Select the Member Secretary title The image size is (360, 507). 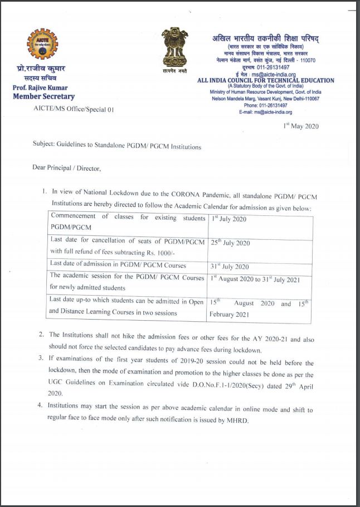click(43, 97)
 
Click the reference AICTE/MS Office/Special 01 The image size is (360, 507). click(74, 109)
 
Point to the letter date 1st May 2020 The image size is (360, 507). click(301, 126)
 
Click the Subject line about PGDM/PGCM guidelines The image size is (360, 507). click(117, 147)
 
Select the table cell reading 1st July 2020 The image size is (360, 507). click(228, 219)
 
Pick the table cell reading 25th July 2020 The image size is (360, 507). click(231, 243)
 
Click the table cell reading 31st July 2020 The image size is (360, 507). click(230, 267)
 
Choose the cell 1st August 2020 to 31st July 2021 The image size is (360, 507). click(260, 278)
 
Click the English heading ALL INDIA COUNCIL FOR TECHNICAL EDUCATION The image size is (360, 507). click(266, 80)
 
